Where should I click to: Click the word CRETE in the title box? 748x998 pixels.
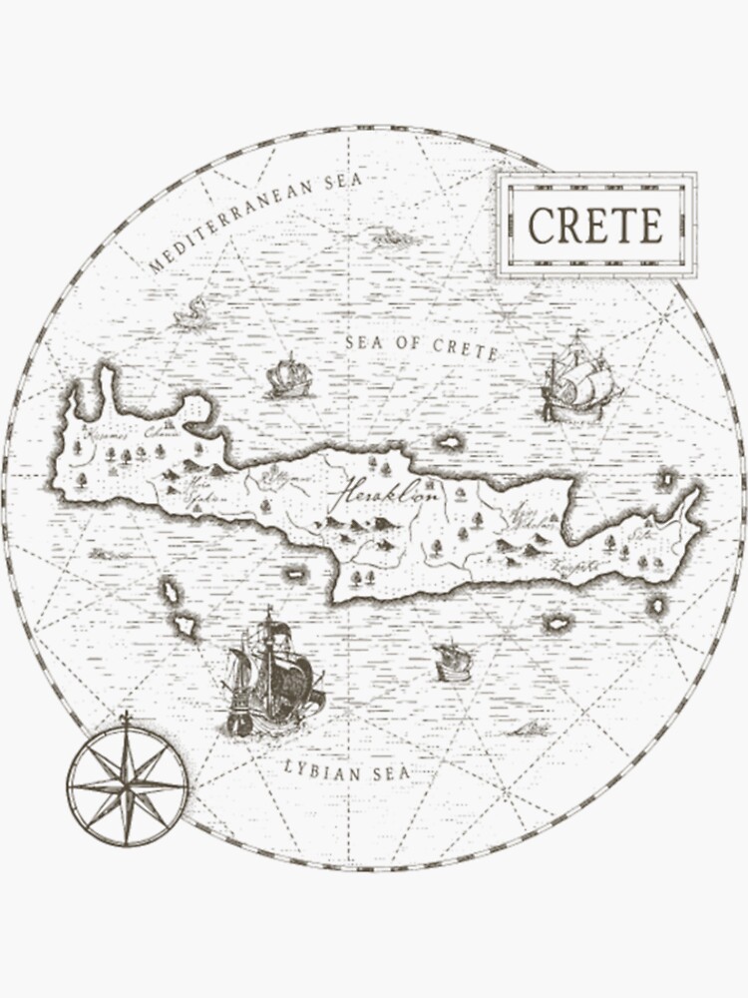(595, 226)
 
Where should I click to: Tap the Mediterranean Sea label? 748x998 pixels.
(257, 222)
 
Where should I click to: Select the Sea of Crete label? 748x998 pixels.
(421, 345)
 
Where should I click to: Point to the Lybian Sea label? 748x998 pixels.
(345, 770)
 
